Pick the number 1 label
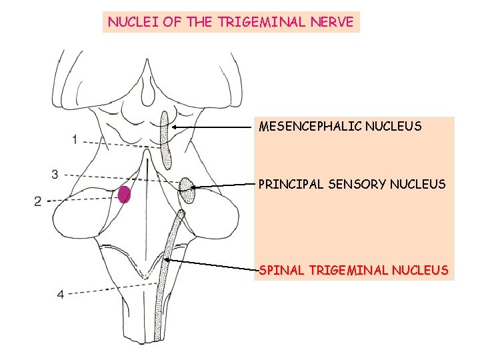click(x=75, y=139)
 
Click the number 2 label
click(x=38, y=201)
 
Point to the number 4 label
click(x=60, y=294)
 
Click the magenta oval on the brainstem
click(x=124, y=195)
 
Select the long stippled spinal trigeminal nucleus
click(x=167, y=267)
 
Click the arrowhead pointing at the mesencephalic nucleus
click(x=173, y=126)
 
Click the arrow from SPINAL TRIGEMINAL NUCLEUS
click(x=213, y=265)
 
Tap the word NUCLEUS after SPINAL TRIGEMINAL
click(x=421, y=270)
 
